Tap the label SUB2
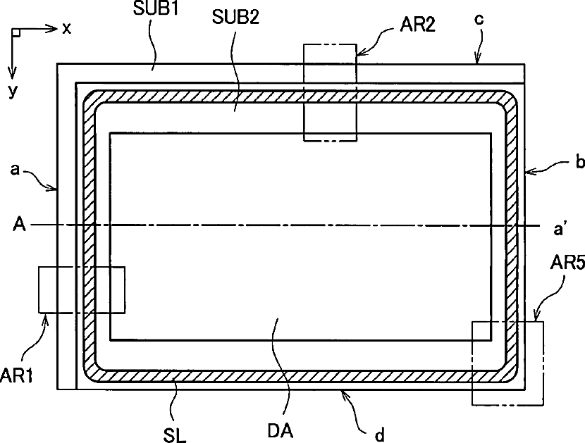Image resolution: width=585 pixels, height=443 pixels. [x=235, y=18]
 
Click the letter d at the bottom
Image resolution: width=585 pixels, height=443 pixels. [x=379, y=435]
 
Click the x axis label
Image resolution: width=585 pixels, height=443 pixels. [x=67, y=28]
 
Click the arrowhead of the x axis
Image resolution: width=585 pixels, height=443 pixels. [x=54, y=29]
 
